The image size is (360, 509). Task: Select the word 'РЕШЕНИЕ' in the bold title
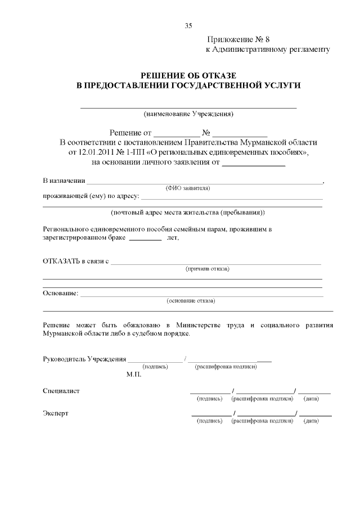click(x=165, y=75)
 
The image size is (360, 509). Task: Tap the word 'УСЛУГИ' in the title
click(x=281, y=85)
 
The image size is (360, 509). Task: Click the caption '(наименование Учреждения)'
click(x=188, y=114)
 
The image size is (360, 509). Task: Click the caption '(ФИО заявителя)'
click(x=188, y=188)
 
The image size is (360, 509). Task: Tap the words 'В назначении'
click(x=64, y=181)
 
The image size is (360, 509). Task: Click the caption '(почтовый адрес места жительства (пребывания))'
click(x=188, y=213)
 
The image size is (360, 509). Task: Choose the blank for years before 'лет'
click(x=145, y=238)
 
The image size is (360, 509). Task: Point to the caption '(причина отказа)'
click(x=208, y=269)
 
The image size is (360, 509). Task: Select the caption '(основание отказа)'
click(x=191, y=301)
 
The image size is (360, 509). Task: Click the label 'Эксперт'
click(x=56, y=413)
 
